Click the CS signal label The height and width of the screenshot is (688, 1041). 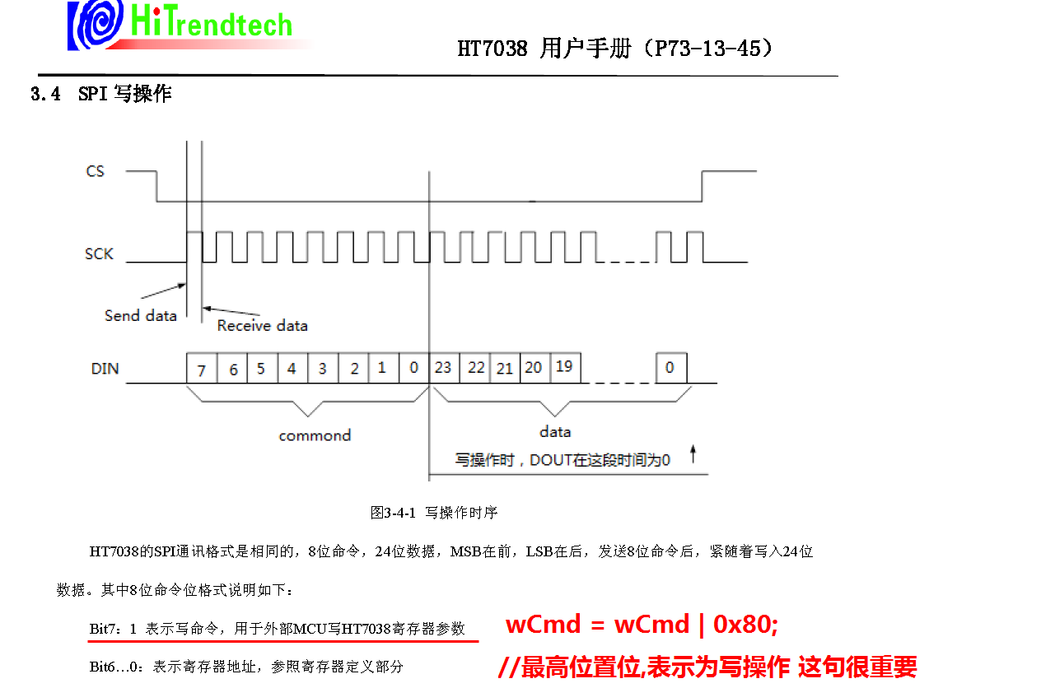96,171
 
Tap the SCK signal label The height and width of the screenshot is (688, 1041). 99,253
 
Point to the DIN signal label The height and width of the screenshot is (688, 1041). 105,369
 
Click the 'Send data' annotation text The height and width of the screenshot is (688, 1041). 140,315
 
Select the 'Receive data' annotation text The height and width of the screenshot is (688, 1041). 262,326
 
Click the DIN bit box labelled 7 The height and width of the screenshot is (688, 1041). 202,370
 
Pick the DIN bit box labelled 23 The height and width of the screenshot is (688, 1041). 444,368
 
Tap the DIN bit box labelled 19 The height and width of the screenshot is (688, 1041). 564,367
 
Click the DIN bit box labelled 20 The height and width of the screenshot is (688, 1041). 534,368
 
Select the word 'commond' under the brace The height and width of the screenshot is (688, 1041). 315,435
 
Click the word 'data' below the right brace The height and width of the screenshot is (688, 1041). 555,431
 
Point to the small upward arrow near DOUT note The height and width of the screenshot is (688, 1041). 693,453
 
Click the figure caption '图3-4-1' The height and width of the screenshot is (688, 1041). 393,513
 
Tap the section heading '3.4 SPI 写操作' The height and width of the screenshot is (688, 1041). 100,94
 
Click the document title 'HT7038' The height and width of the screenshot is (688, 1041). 492,49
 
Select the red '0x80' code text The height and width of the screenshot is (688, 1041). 745,625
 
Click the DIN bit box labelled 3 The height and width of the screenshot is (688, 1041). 322,369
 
